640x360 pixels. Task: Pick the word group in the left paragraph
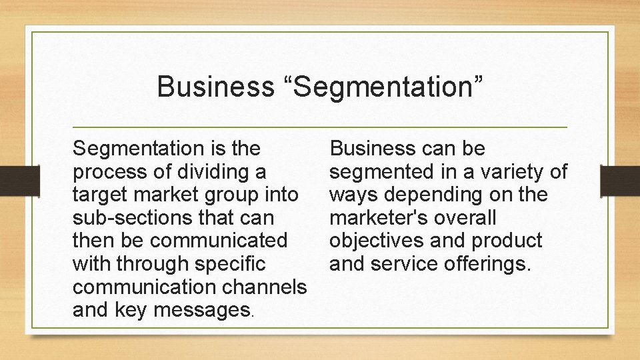coord(237,195)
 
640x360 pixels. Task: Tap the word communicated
coord(220,241)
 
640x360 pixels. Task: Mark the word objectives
coord(378,241)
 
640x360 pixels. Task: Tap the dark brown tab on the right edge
coord(620,181)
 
